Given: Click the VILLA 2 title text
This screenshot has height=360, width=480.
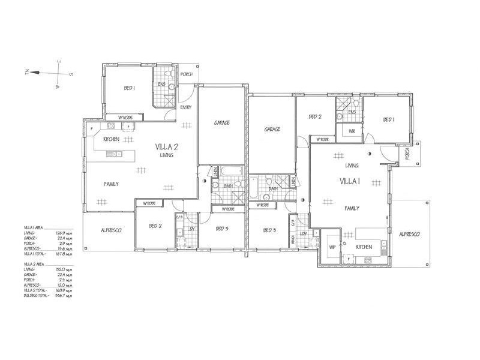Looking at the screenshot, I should point(167,147).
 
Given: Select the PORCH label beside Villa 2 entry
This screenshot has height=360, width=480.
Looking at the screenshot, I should point(187,74).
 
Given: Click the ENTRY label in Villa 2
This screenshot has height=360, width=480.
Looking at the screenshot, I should point(185,107).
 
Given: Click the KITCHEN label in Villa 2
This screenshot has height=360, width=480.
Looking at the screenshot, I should point(112,139).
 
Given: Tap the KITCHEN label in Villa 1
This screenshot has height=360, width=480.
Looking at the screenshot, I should point(364,247).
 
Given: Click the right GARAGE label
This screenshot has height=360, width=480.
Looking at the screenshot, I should point(272,129).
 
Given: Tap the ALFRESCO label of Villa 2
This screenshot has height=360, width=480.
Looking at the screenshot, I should point(111,230).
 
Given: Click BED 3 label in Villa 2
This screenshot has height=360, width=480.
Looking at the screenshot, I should point(222,229).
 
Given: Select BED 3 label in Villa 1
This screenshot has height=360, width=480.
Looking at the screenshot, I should point(269,230).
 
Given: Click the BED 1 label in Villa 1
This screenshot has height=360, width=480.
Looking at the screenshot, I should point(389,119).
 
